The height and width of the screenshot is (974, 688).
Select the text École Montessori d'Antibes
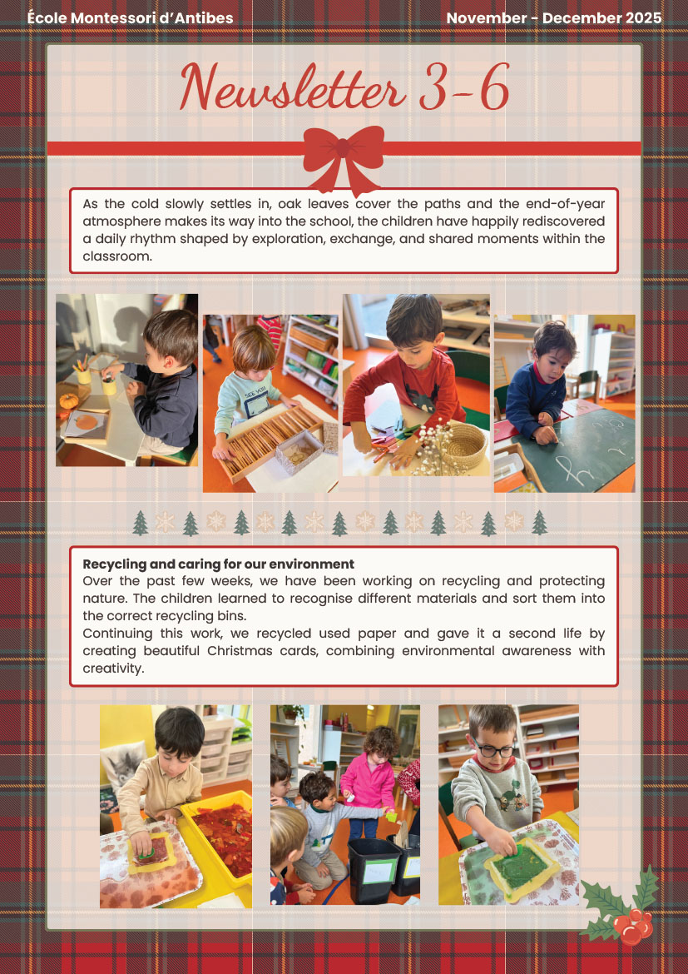click(130, 18)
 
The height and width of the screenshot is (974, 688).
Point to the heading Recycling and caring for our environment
click(219, 564)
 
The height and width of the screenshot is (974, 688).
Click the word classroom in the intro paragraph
click(116, 256)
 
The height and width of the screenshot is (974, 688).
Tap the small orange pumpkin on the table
click(69, 400)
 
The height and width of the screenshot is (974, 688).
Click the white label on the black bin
click(379, 871)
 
